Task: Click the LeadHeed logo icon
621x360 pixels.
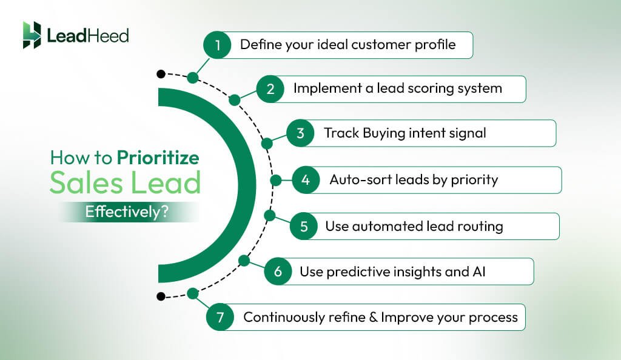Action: point(32,35)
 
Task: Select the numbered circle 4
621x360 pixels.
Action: point(306,180)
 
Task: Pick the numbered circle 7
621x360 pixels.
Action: point(220,317)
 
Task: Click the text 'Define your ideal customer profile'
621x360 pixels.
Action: point(347,45)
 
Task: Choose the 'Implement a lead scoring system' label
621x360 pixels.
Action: point(397,88)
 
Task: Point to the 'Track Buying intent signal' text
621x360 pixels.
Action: point(404,133)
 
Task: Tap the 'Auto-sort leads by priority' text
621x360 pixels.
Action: point(414,180)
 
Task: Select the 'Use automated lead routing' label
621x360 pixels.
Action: point(414,227)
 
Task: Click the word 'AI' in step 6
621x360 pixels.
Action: point(478,272)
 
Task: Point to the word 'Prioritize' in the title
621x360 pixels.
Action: point(158,158)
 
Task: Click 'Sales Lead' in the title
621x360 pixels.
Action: point(124,182)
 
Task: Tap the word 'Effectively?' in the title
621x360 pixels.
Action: point(127,213)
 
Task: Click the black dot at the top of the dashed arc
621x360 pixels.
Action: point(160,74)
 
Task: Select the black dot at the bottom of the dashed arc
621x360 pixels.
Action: point(160,296)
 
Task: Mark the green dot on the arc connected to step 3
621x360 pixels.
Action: point(266,144)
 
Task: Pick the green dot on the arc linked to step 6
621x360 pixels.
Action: point(244,261)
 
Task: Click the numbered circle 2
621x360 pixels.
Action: point(270,88)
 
